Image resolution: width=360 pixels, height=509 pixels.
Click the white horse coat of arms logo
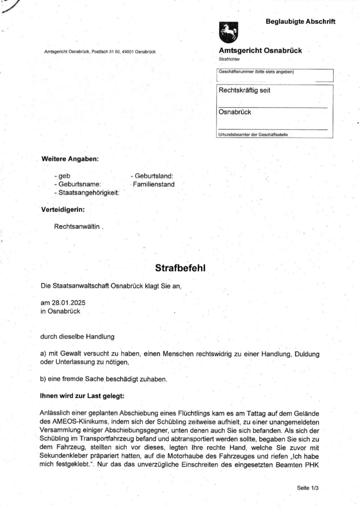click(x=229, y=33)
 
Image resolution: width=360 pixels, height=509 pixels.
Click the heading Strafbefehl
click(x=180, y=268)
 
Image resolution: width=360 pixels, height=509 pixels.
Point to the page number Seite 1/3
click(x=307, y=488)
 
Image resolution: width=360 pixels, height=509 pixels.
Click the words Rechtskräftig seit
click(x=244, y=90)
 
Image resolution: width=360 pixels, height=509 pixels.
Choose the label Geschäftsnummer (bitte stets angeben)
click(x=256, y=72)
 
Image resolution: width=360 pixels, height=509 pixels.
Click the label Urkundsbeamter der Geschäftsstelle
click(x=253, y=135)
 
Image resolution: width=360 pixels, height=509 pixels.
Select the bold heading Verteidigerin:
click(x=63, y=209)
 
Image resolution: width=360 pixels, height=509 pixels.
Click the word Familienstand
click(x=154, y=184)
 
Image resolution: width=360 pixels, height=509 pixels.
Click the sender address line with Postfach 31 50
click(x=100, y=52)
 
